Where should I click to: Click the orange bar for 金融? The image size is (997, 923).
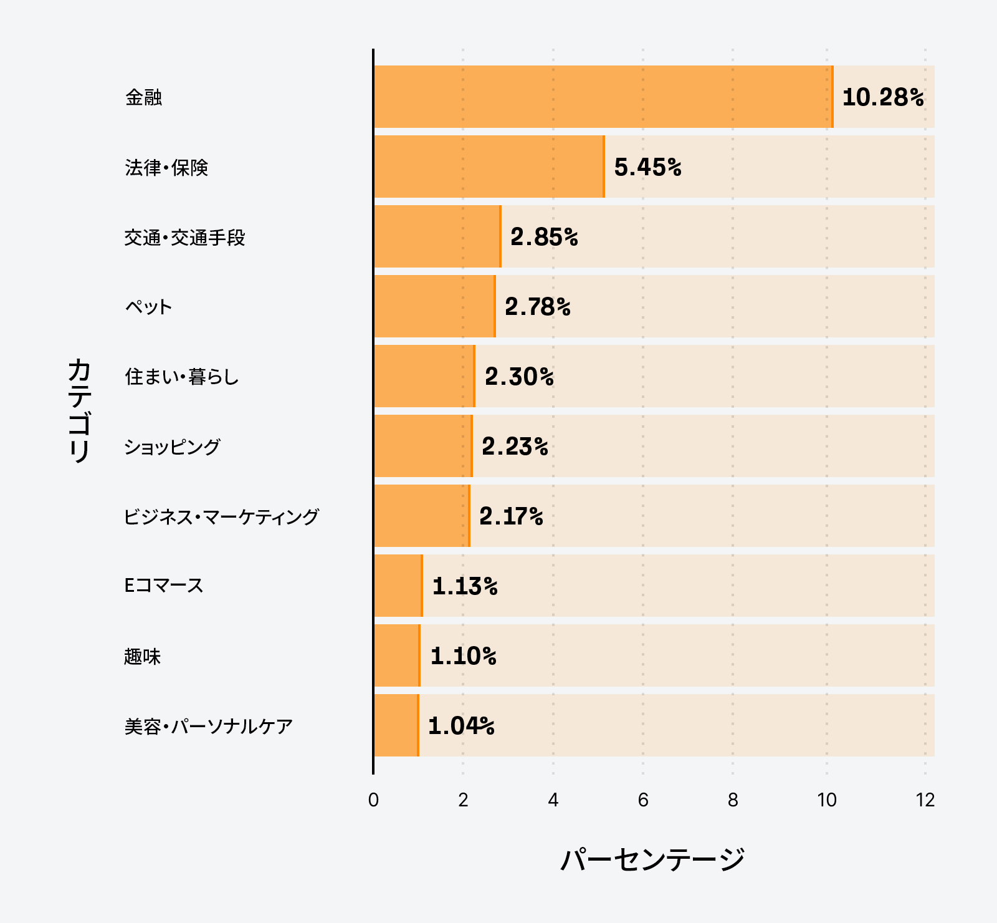click(603, 97)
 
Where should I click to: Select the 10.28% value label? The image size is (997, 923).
click(882, 97)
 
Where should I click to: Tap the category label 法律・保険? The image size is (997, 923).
click(166, 168)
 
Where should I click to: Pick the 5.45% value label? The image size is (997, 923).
click(647, 167)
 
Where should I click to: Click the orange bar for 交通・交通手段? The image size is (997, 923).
click(437, 236)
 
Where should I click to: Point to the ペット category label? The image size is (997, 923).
click(148, 307)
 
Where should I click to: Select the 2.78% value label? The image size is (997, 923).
click(537, 307)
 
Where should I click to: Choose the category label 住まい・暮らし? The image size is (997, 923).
click(181, 377)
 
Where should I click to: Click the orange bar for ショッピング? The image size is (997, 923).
click(423, 446)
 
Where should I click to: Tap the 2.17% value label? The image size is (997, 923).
click(511, 516)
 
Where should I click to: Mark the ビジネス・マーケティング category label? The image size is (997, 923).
click(221, 516)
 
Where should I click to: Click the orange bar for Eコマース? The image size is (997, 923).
click(398, 586)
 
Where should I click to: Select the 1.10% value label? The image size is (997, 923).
click(463, 656)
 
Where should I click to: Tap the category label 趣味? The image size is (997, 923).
click(143, 657)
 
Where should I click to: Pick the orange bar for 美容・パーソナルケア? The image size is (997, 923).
click(396, 725)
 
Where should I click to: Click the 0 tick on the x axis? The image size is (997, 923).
click(373, 800)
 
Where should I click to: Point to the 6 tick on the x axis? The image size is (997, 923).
click(643, 800)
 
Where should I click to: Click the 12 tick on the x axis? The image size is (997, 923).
click(925, 800)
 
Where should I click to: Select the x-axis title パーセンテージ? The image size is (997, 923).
click(652, 859)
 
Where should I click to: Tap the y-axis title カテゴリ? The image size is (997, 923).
click(80, 410)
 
